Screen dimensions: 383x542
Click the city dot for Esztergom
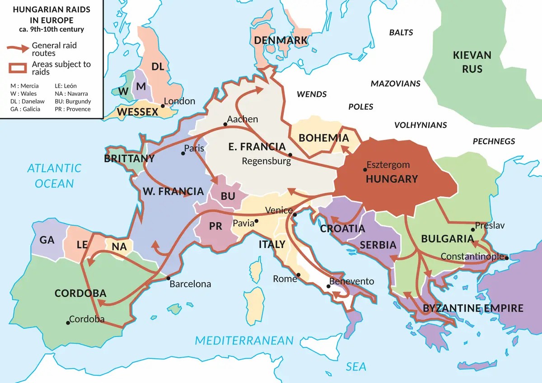pyautogui.click(x=364, y=170)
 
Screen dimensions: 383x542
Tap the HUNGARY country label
pyautogui.click(x=392, y=179)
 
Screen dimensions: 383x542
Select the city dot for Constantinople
pyautogui.click(x=507, y=258)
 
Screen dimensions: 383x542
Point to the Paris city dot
pyautogui.click(x=183, y=154)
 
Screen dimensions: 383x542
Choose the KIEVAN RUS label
pyautogui.click(x=472, y=62)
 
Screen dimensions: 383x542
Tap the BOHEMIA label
pyautogui.click(x=324, y=138)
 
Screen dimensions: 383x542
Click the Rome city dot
pyautogui.click(x=299, y=275)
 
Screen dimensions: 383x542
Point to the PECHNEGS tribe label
pyautogui.click(x=494, y=141)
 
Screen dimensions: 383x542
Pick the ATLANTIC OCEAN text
pyautogui.click(x=54, y=176)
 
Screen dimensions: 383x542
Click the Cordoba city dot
pyautogui.click(x=68, y=323)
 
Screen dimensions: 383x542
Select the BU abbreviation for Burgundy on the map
pyautogui.click(x=228, y=196)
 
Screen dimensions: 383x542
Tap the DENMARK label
pyautogui.click(x=280, y=41)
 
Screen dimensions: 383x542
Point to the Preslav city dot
pyautogui.click(x=473, y=230)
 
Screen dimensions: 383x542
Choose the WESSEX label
pyautogui.click(x=138, y=112)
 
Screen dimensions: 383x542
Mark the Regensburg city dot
pyautogui.click(x=290, y=155)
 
